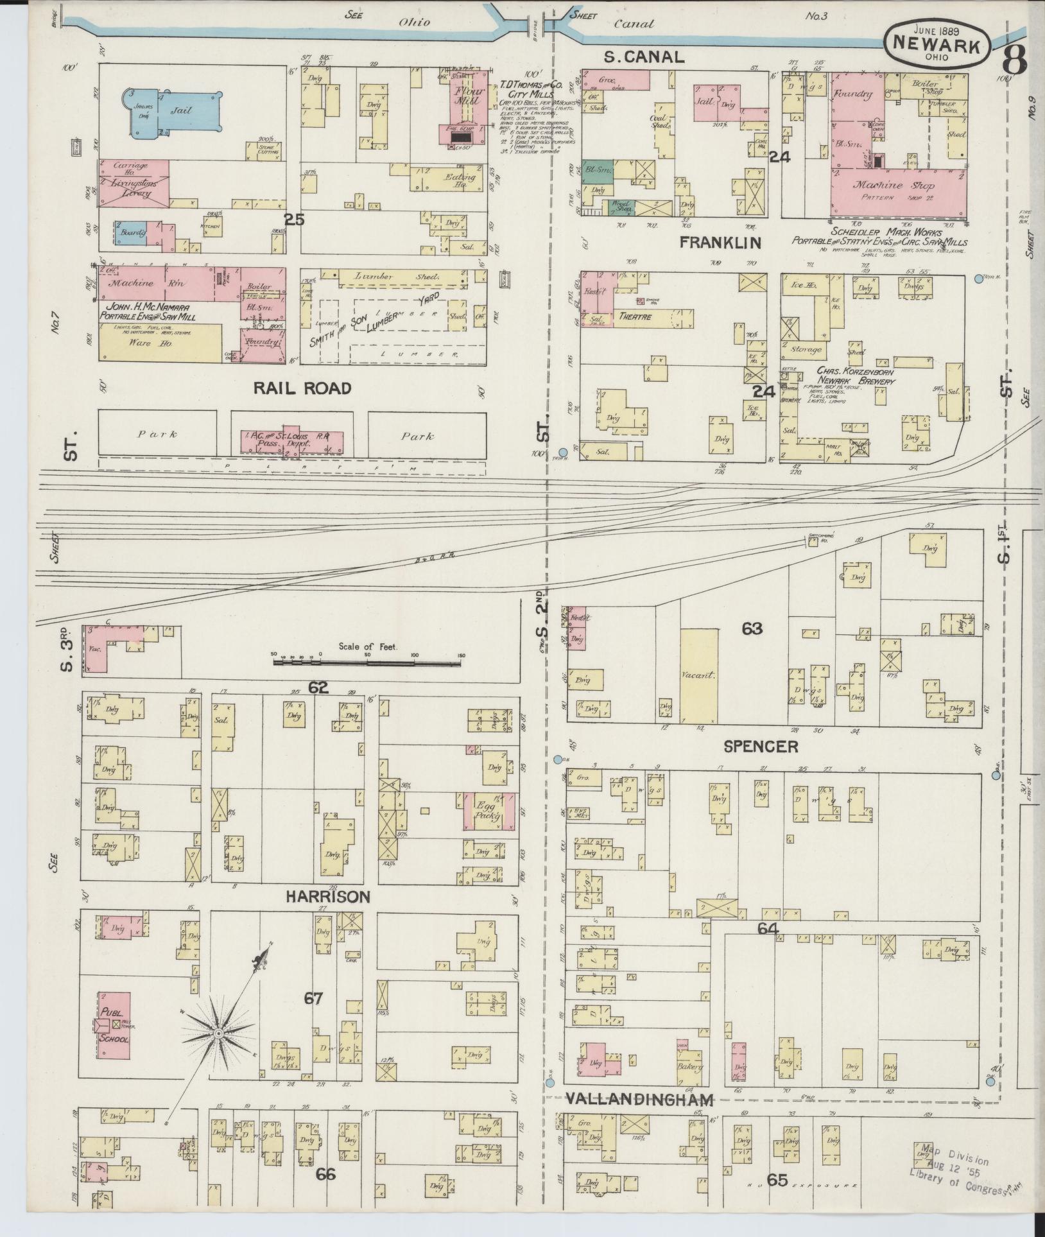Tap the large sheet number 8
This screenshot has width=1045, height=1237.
pyautogui.click(x=1014, y=61)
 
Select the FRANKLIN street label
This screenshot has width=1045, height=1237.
pyautogui.click(x=721, y=243)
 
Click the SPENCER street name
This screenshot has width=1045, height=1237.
pyautogui.click(x=760, y=746)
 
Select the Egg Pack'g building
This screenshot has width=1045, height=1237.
pyautogui.click(x=490, y=813)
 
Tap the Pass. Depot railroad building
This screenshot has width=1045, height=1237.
pyautogui.click(x=292, y=440)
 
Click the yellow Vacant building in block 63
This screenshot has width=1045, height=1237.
pyautogui.click(x=699, y=675)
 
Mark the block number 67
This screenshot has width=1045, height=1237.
pyautogui.click(x=313, y=999)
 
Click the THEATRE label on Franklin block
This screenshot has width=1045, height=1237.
pyautogui.click(x=635, y=317)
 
